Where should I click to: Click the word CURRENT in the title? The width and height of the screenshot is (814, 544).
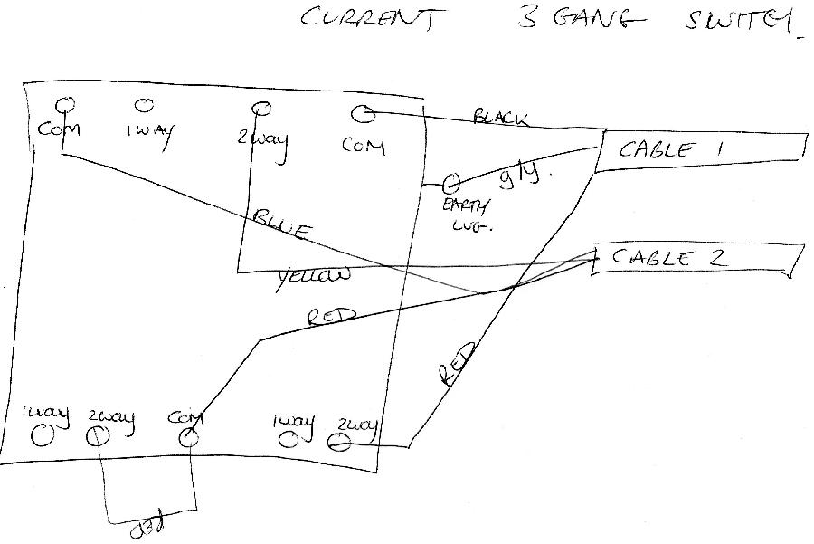coord(372,19)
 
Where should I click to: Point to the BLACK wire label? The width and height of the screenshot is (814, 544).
coord(500,117)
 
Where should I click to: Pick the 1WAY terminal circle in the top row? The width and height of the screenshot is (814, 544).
coord(143,106)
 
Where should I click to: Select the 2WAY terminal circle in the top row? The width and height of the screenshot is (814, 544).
coord(261,109)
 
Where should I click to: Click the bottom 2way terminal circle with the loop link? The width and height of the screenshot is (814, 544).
coord(98,437)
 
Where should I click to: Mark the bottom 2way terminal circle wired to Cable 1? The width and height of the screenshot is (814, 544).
coord(337,443)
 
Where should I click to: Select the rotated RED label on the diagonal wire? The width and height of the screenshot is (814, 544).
coord(455,365)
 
